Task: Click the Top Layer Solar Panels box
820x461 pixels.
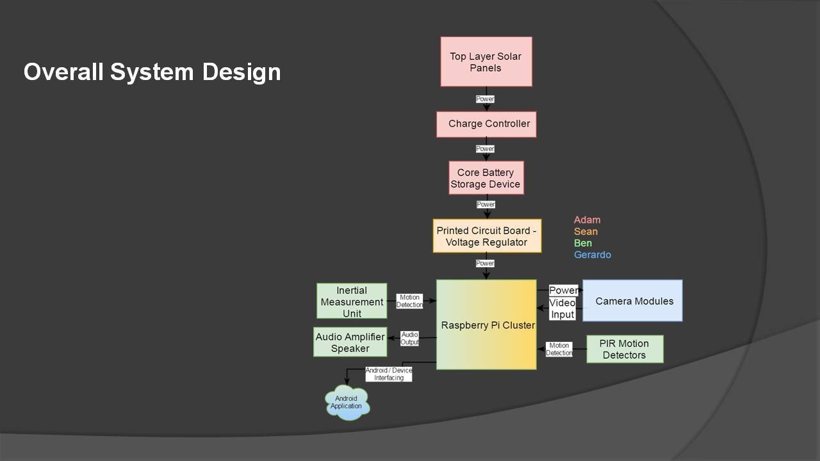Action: point(486,61)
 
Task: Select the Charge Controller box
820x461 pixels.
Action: point(486,124)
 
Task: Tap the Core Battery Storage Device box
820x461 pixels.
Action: point(486,178)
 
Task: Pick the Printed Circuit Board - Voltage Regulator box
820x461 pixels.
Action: point(487,236)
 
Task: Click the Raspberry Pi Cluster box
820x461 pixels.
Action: point(486,325)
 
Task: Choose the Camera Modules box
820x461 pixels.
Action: point(632,301)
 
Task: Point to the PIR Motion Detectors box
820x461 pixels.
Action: point(625,349)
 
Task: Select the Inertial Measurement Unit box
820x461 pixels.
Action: point(352,301)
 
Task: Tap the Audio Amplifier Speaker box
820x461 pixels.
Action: point(350,343)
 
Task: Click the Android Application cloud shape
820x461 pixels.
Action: point(347,403)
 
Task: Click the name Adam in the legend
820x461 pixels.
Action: point(587,220)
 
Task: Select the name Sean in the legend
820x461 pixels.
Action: point(586,232)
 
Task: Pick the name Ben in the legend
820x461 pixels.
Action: point(583,243)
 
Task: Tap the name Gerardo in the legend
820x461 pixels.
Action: point(592,255)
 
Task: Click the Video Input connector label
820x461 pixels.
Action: point(562,308)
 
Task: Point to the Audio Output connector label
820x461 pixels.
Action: point(410,339)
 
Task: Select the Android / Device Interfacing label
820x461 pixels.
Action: point(389,374)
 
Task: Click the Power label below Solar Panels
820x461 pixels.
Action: point(485,99)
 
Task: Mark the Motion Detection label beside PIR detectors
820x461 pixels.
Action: point(559,349)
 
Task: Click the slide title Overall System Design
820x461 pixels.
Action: point(152,72)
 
